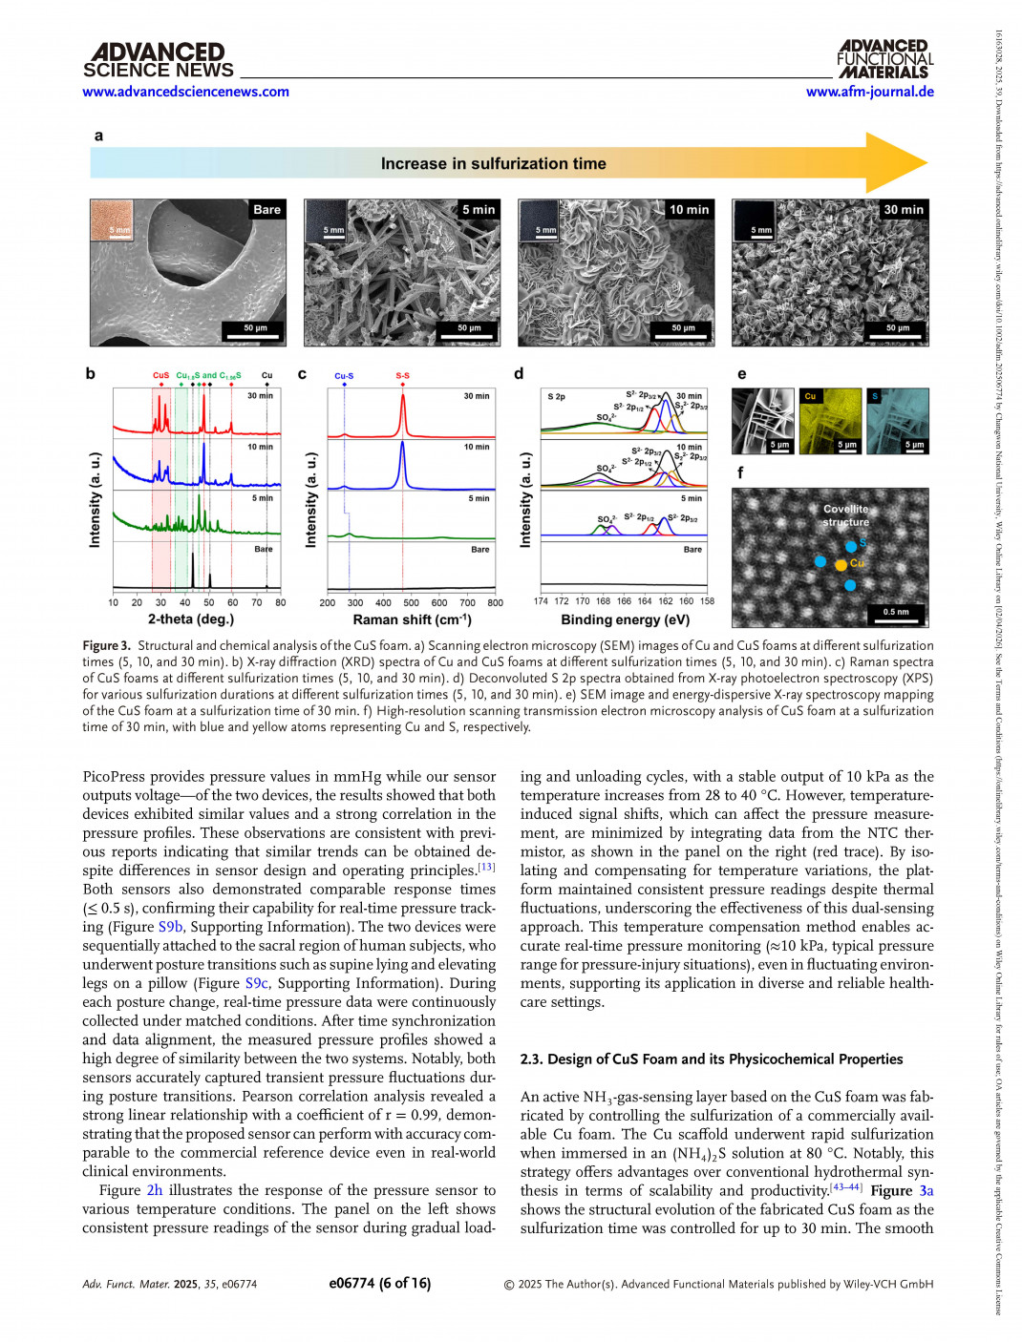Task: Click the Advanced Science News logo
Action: click(x=158, y=60)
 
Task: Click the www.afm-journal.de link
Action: click(x=869, y=92)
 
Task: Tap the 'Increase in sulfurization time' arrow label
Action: click(x=493, y=164)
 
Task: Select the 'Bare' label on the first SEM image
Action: click(x=266, y=210)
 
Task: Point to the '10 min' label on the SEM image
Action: click(x=689, y=210)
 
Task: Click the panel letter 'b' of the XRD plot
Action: click(x=91, y=373)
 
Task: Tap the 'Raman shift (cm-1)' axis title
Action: click(x=412, y=619)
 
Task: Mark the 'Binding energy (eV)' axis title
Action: click(x=625, y=619)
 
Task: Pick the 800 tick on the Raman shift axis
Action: click(x=495, y=602)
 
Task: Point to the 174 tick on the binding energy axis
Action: click(x=541, y=601)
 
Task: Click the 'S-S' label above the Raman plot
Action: click(x=402, y=376)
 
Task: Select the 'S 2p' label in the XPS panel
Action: click(x=556, y=396)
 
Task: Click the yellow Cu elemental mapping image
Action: click(x=830, y=420)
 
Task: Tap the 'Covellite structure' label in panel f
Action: click(x=846, y=515)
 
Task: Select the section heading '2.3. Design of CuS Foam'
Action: click(x=711, y=1059)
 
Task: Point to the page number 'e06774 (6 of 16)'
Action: click(x=379, y=1284)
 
